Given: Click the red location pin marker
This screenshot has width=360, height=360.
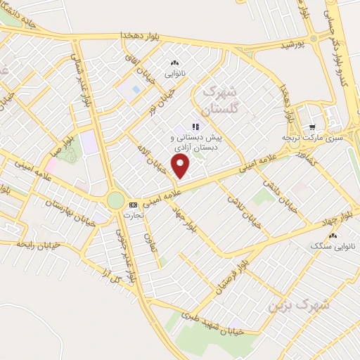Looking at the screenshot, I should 182,167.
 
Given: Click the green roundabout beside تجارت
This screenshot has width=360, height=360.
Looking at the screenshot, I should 115,201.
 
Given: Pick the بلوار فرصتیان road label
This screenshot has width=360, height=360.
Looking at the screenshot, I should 213,278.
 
